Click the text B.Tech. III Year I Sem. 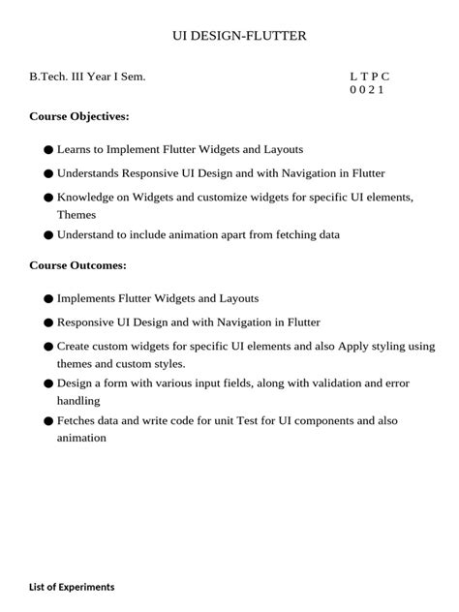click(87, 76)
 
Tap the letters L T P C click(370, 76)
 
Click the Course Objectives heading click(79, 116)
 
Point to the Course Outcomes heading click(77, 264)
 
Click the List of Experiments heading click(72, 587)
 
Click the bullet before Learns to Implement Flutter click(48, 150)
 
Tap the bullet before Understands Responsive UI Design click(48, 174)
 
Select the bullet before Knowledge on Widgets click(48, 198)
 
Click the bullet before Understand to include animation click(48, 235)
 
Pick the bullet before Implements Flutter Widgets click(48, 299)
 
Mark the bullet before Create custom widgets click(48, 346)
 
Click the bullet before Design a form click(48, 383)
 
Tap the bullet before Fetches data click(48, 421)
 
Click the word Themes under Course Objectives click(76, 215)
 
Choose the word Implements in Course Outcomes click(88, 299)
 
